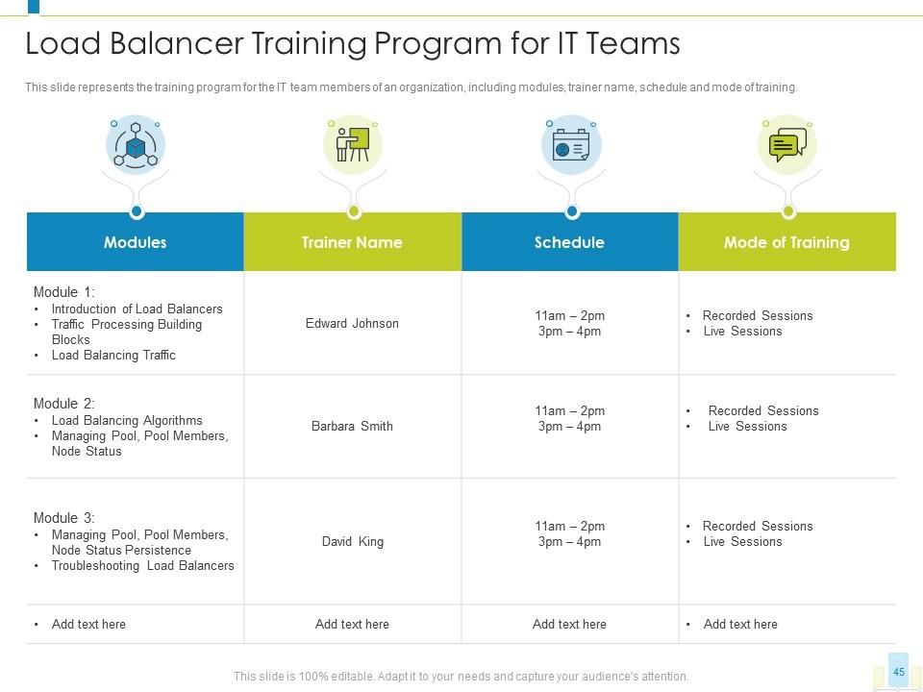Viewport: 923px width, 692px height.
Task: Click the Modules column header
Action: point(135,242)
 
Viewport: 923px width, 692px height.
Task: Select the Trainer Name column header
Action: point(352,242)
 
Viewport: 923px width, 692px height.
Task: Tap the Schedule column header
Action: point(569,242)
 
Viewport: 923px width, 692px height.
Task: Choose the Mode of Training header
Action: point(786,242)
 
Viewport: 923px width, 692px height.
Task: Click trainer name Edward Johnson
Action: point(352,324)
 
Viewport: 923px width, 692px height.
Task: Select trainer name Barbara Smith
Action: point(352,427)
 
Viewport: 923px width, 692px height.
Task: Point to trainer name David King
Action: point(352,542)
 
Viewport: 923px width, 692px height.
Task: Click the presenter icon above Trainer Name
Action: point(352,145)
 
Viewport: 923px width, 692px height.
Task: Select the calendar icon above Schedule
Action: point(570,147)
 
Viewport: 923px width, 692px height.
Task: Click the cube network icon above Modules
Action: point(136,146)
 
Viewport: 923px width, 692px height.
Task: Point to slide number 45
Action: point(898,672)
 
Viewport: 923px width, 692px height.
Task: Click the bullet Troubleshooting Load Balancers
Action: point(142,566)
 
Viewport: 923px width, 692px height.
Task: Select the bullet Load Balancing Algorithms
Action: point(127,421)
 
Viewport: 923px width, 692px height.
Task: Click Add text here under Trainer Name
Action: point(352,625)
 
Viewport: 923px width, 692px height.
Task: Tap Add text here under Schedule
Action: point(569,625)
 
